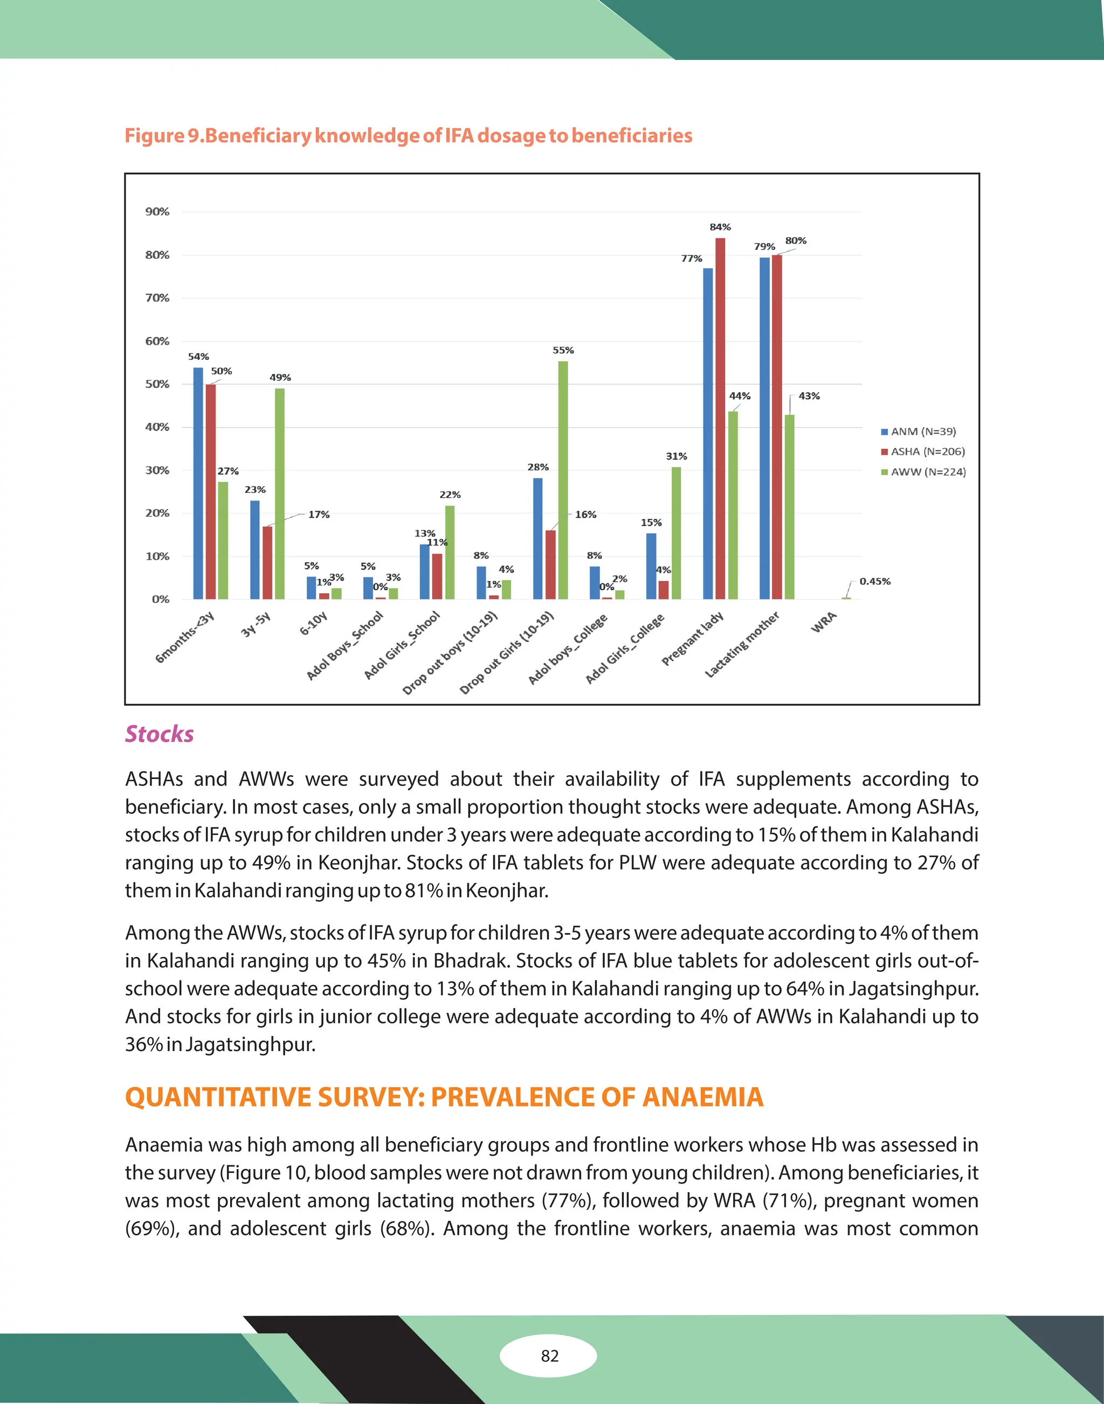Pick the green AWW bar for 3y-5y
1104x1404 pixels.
click(279, 494)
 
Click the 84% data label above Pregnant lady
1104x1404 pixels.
click(720, 227)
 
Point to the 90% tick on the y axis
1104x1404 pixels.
click(157, 212)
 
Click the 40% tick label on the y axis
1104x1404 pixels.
click(157, 427)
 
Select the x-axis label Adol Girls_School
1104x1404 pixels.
click(402, 645)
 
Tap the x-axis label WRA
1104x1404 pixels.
click(824, 622)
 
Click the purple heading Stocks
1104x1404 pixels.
click(159, 734)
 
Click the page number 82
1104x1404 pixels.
click(549, 1356)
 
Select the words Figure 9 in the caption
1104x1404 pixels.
click(163, 136)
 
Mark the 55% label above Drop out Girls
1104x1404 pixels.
click(563, 350)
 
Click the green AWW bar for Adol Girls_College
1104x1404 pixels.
click(676, 533)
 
